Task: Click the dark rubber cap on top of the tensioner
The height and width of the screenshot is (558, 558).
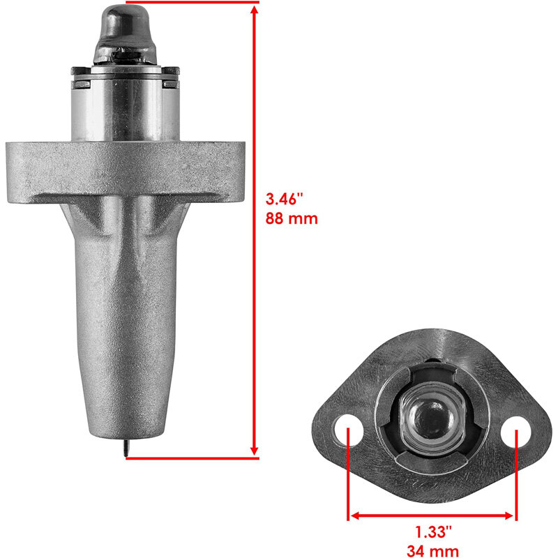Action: point(126,33)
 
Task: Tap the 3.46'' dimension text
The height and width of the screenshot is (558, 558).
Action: point(284,199)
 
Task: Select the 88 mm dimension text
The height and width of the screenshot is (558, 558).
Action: point(292,218)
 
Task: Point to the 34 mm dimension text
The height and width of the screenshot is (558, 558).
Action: point(432,551)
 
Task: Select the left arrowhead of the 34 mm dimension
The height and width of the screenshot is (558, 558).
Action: point(356,515)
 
